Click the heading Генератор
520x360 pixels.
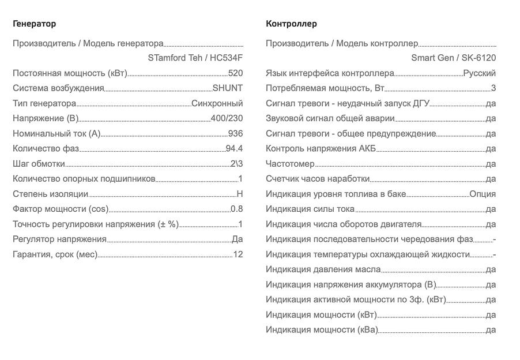(35, 24)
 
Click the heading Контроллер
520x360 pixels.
(291, 24)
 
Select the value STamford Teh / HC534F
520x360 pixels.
(195, 58)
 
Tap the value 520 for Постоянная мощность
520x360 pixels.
(235, 73)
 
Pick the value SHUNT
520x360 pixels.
(228, 88)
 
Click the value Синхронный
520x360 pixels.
(217, 103)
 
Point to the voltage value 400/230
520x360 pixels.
(227, 118)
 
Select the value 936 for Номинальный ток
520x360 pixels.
(235, 133)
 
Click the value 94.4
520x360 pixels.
(234, 149)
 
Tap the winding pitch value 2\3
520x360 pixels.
(236, 164)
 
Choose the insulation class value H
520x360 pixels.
(240, 194)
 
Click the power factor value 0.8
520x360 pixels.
(236, 209)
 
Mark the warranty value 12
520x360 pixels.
(238, 254)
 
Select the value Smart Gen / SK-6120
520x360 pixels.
(453, 58)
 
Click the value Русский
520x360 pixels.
(479, 73)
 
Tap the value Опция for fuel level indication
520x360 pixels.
(483, 194)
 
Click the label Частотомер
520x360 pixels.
(290, 164)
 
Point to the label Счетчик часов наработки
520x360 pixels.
(317, 179)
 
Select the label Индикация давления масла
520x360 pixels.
(323, 269)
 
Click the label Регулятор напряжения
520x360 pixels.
(59, 239)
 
